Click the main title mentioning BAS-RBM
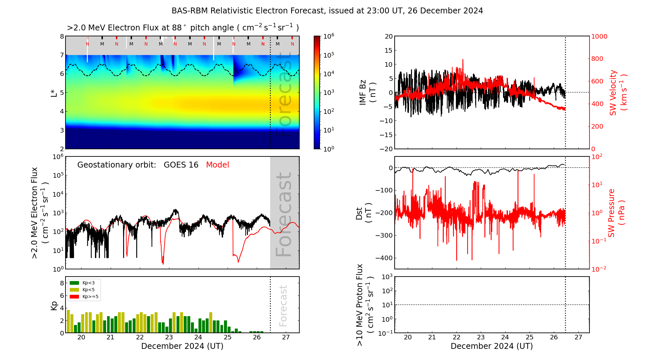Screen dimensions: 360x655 click(x=327, y=11)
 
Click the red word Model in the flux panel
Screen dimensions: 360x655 click(x=217, y=165)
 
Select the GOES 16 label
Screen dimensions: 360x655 click(x=181, y=165)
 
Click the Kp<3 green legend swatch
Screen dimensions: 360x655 click(x=74, y=283)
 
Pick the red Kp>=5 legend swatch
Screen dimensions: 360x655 click(x=74, y=297)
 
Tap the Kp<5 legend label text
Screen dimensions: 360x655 click(x=88, y=290)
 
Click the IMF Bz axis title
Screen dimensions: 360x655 click(x=367, y=92)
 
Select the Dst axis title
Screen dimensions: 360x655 click(x=364, y=213)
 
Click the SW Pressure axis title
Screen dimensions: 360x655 click(x=616, y=213)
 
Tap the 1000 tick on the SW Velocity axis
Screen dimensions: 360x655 click(x=599, y=36)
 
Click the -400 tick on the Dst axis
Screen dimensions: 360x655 click(x=384, y=258)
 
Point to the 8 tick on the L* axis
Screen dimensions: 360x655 click(x=62, y=36)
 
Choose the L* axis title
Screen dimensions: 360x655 click(x=54, y=92)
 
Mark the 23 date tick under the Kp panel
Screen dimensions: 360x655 click(x=169, y=337)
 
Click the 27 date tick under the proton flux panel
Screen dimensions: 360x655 click(x=578, y=337)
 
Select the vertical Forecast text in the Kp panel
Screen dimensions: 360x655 click(x=283, y=306)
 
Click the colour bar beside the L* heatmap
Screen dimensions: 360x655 click(x=317, y=92)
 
